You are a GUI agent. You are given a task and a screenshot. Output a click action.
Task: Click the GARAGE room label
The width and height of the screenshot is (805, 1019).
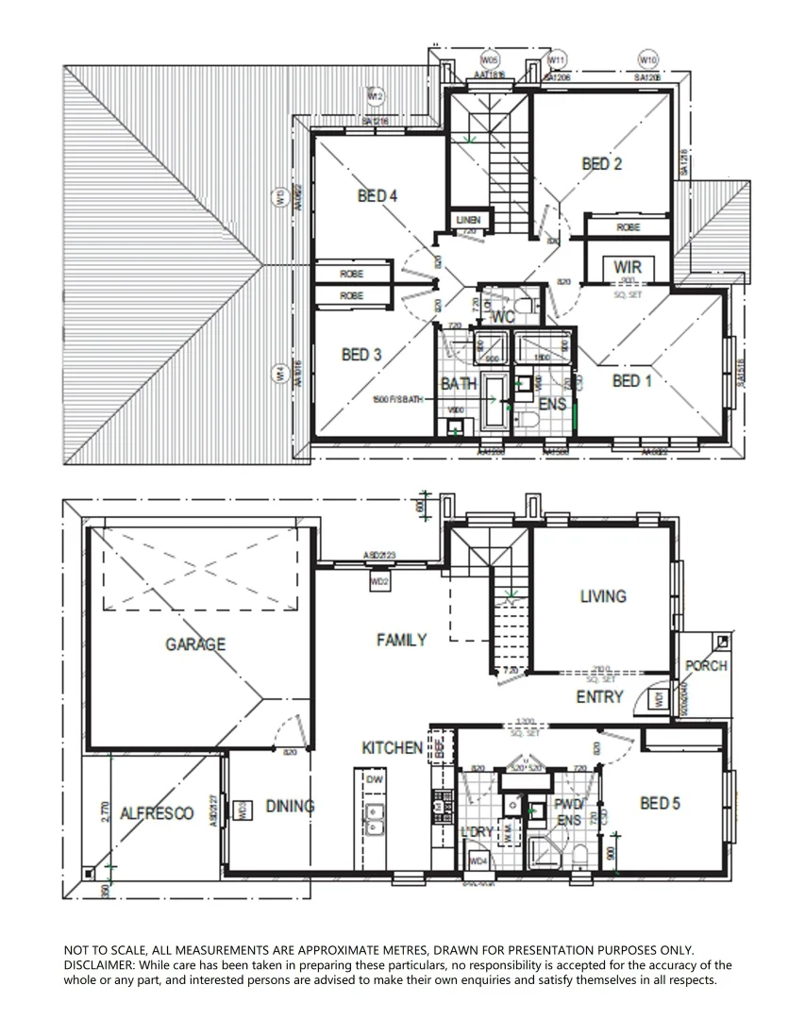pos(195,644)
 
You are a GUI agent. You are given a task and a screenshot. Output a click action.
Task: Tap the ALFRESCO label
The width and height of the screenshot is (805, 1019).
pos(157,813)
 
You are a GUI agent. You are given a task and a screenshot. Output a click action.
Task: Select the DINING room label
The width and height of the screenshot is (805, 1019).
pos(289,807)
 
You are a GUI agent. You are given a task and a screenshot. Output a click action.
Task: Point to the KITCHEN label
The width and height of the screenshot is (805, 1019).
pos(393,748)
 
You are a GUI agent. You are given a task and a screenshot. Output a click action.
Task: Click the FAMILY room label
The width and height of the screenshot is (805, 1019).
pos(401,641)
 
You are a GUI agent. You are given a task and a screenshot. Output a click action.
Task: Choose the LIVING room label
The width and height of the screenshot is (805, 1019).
pos(602,596)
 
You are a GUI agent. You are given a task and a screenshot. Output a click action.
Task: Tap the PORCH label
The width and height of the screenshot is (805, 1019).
pos(706,666)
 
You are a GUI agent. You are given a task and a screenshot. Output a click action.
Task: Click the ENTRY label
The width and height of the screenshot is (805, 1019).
pos(599,697)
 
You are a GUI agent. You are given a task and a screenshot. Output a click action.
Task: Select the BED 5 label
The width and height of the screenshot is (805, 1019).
pos(660,804)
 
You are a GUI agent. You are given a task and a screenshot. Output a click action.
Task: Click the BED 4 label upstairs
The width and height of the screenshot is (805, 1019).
pos(377,196)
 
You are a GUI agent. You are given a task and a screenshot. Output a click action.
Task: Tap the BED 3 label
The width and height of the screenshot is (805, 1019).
pos(361,355)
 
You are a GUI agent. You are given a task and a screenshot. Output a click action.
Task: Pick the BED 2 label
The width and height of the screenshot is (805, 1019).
pos(601,164)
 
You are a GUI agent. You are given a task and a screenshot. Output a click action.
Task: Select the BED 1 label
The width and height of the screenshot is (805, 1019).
pos(631,381)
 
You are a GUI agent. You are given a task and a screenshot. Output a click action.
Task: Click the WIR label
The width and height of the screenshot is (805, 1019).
pos(627,268)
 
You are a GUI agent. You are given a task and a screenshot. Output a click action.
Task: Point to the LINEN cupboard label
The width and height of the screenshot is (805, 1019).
pos(468,221)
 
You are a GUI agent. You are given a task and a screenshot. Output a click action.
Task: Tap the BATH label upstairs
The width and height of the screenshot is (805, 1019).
pos(459,385)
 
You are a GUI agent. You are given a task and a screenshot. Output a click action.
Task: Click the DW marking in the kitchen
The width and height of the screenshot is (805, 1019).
pos(374,779)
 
